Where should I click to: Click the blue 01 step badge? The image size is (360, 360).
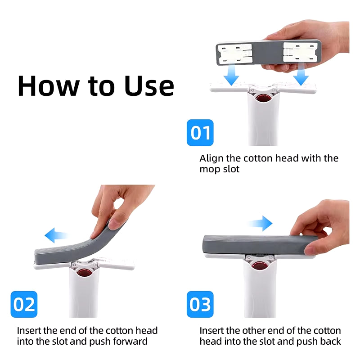200,132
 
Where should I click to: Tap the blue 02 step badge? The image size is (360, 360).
24,304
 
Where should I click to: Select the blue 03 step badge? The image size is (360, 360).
200,304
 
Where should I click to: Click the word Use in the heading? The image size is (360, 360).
149,85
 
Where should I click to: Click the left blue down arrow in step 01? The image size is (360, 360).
231,75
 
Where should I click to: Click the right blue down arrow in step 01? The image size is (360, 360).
301,75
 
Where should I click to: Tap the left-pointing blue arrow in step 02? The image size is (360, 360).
56,235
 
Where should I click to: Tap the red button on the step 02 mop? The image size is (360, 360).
84,273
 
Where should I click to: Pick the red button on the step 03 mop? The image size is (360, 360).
260,266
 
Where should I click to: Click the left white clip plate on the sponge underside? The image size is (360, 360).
235,54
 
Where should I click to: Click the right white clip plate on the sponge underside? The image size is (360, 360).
301,52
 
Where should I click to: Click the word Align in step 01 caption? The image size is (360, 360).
211,159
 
